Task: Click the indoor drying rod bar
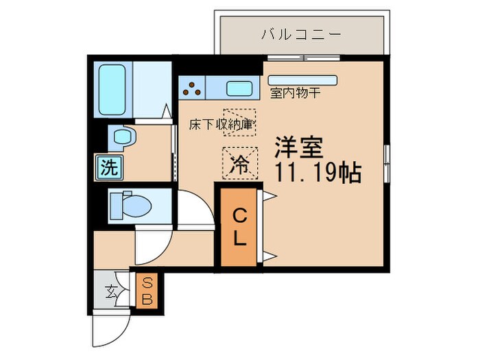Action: click(302, 80)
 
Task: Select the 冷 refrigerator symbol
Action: click(239, 164)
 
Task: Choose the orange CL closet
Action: click(239, 227)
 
